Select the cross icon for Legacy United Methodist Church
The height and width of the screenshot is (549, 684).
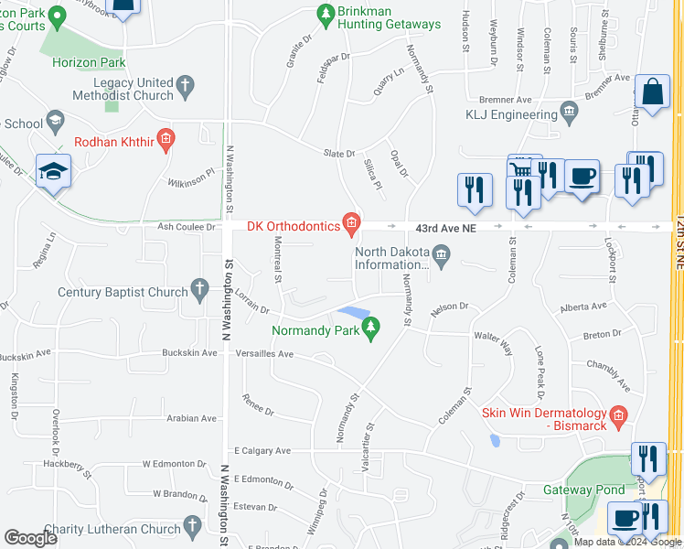click(x=186, y=88)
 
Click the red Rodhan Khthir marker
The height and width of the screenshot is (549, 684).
click(x=166, y=140)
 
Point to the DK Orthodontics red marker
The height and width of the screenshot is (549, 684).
click(x=351, y=221)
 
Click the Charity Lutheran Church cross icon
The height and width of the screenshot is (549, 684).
click(x=192, y=524)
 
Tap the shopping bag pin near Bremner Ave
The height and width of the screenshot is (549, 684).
click(x=652, y=92)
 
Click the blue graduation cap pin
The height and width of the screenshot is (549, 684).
click(x=53, y=171)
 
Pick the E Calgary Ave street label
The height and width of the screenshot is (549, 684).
click(x=262, y=450)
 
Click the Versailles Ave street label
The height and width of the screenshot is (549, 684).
click(x=264, y=353)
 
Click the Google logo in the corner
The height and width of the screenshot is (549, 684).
click(x=30, y=538)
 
